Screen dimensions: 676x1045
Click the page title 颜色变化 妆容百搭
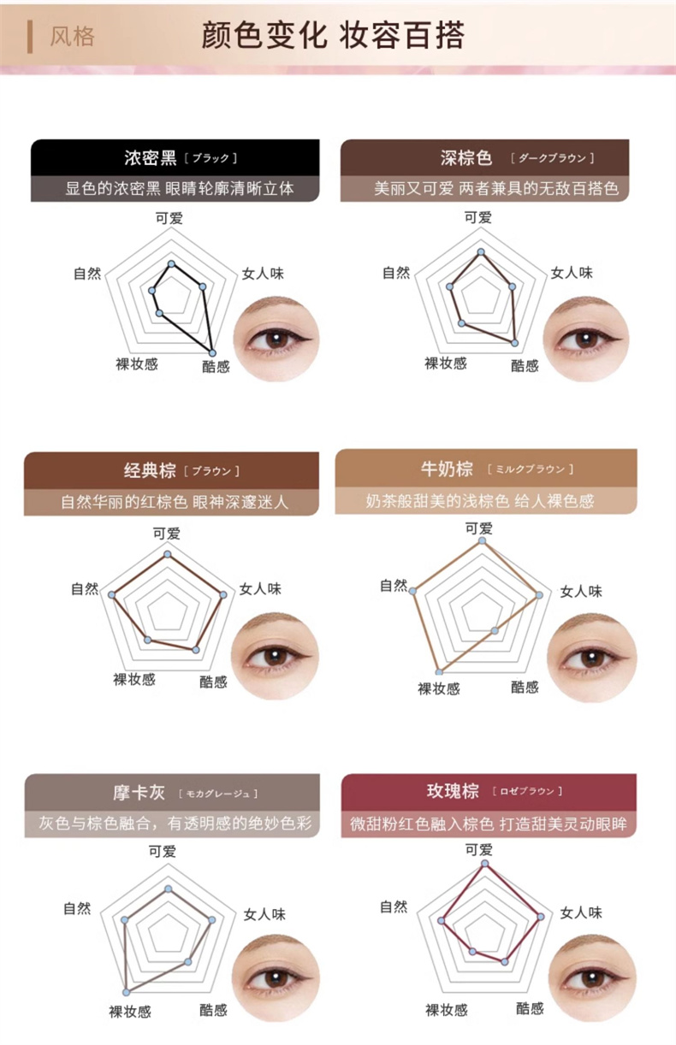tap(334, 36)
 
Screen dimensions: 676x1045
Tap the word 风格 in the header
tap(73, 37)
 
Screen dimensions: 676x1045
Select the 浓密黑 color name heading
tap(151, 157)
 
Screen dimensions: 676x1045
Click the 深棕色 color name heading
tap(465, 157)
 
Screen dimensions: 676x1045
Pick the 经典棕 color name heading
tap(150, 470)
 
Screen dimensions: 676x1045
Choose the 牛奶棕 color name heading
tap(447, 469)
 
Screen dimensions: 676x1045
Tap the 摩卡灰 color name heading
tap(139, 793)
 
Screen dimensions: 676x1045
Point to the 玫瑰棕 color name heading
tap(453, 791)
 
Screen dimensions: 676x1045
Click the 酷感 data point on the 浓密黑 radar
tap(212, 352)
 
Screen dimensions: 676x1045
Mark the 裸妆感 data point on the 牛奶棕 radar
tap(439, 672)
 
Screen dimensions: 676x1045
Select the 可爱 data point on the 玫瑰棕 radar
tap(485, 864)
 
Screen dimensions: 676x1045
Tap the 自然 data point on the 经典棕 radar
tap(111, 595)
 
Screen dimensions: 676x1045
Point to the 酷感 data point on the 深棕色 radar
tap(514, 343)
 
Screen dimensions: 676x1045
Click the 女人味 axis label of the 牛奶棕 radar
tap(581, 592)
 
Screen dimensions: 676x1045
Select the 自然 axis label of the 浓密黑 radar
tap(87, 274)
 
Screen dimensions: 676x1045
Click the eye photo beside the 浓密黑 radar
tap(276, 339)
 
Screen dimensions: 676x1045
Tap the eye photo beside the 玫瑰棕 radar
tap(591, 977)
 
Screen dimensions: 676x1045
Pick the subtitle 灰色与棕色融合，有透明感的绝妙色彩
tap(175, 823)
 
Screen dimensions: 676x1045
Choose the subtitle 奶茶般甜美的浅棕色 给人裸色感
tap(480, 501)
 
